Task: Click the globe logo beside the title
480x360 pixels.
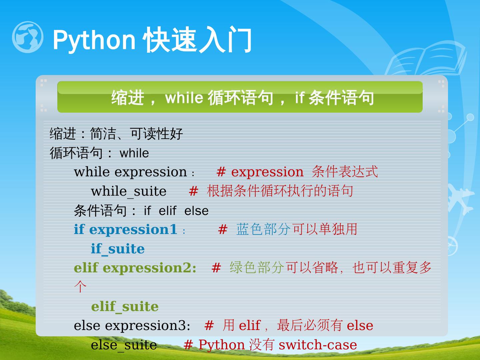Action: click(28, 37)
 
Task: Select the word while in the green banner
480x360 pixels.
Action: click(184, 97)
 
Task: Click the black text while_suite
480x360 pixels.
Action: click(129, 191)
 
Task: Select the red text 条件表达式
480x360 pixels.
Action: click(345, 172)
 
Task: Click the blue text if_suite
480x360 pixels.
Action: click(118, 249)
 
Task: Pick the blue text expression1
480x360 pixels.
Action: click(133, 230)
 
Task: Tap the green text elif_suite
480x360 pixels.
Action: click(125, 307)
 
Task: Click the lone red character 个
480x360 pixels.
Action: click(80, 287)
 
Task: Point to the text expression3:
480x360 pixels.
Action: click(148, 326)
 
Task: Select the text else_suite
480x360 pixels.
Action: click(124, 345)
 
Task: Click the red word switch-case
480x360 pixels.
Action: click(318, 345)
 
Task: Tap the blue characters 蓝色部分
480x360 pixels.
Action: click(264, 229)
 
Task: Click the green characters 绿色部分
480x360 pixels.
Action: click(257, 268)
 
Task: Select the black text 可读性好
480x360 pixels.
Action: click(156, 134)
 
